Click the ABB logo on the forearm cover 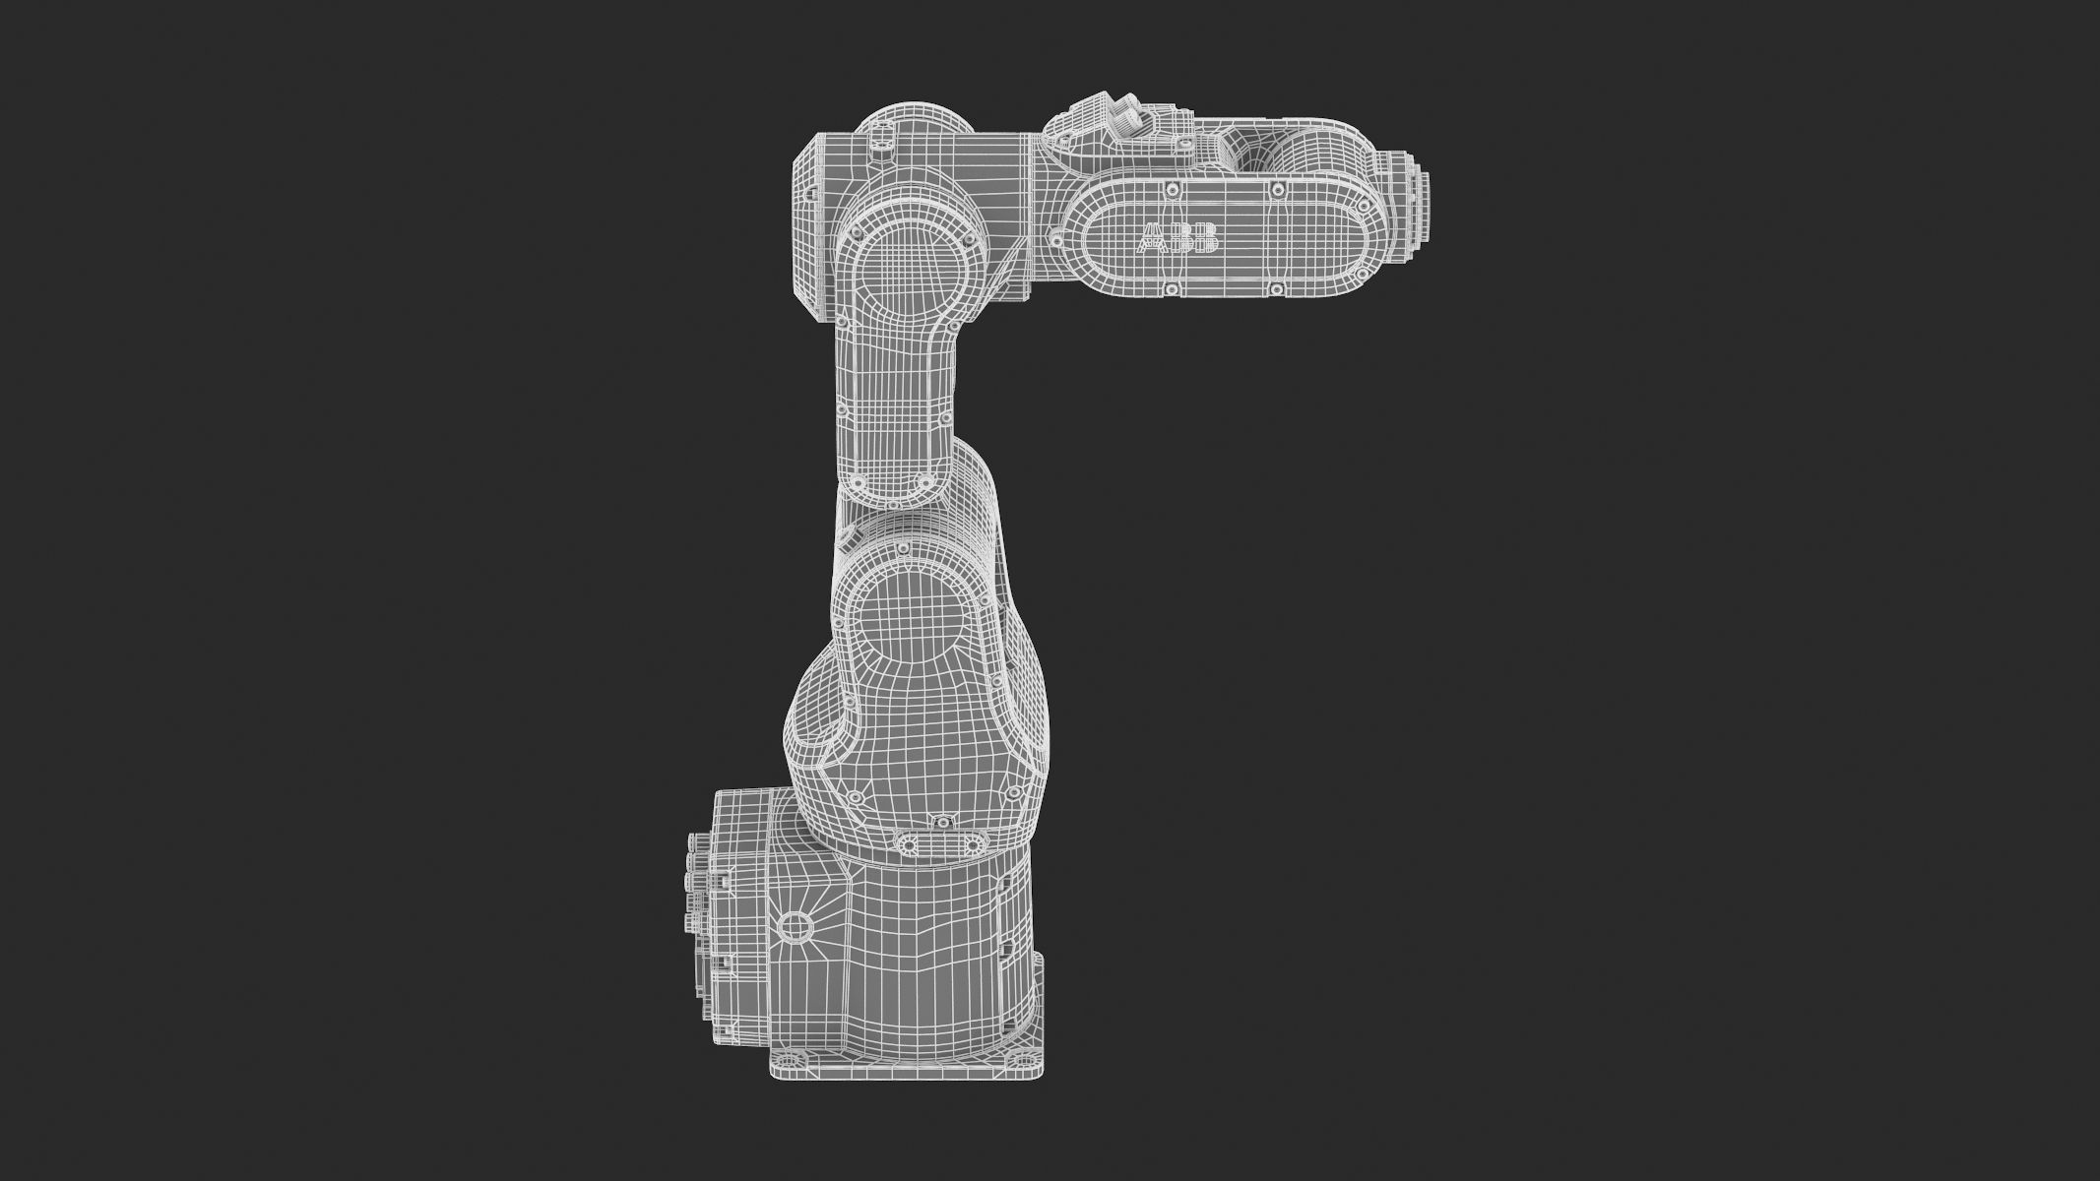pyautogui.click(x=1178, y=238)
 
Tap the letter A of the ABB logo pyautogui.click(x=1150, y=238)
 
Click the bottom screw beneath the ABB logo pyautogui.click(x=1172, y=288)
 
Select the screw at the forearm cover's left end pyautogui.click(x=1056, y=236)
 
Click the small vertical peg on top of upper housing pyautogui.click(x=877, y=149)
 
